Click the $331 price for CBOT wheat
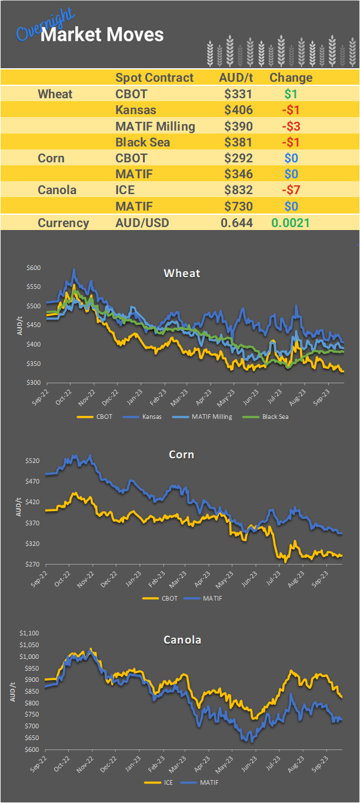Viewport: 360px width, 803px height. tap(238, 94)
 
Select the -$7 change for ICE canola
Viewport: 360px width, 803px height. tap(291, 190)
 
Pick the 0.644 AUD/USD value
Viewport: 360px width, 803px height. tap(236, 223)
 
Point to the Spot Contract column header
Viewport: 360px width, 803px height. tap(154, 78)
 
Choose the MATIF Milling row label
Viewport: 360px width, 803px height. tap(155, 126)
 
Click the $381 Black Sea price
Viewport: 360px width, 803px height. tap(238, 142)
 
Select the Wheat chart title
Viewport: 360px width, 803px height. tap(182, 273)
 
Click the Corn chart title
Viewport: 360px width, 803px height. tap(181, 455)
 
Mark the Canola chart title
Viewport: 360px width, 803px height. tap(182, 639)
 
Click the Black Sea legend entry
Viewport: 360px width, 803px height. tap(275, 417)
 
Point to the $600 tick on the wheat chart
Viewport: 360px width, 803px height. tap(34, 268)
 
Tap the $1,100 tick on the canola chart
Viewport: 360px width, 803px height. tap(29, 634)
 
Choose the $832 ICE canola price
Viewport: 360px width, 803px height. tap(238, 190)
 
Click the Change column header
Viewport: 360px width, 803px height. tap(291, 78)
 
